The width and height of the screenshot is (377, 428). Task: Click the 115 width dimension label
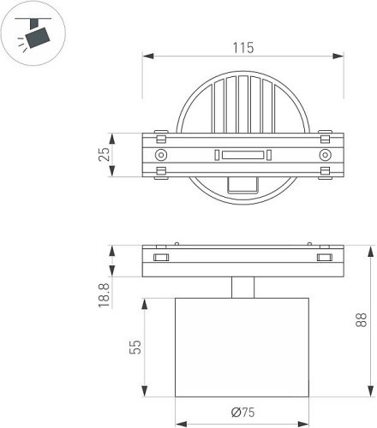pyautogui.click(x=242, y=49)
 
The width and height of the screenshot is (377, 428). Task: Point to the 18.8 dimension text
pyautogui.click(x=104, y=295)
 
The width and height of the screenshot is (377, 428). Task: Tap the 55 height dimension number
pyautogui.click(x=135, y=348)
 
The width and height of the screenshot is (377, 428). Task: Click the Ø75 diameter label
pyautogui.click(x=242, y=413)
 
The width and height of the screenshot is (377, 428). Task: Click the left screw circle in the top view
pyautogui.click(x=160, y=155)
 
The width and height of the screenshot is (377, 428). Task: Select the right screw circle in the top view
pyautogui.click(x=324, y=155)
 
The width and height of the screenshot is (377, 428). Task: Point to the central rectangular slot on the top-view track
pyautogui.click(x=242, y=155)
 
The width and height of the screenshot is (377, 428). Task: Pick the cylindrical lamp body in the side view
pyautogui.click(x=242, y=348)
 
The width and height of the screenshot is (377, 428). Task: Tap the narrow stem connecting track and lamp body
pyautogui.click(x=242, y=288)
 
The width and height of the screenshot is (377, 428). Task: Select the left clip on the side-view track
pyautogui.click(x=160, y=257)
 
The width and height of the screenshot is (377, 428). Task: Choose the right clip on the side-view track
pyautogui.click(x=324, y=257)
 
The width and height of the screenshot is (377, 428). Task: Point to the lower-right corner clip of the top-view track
pyautogui.click(x=324, y=174)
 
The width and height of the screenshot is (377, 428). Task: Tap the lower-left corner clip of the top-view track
pyautogui.click(x=160, y=174)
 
